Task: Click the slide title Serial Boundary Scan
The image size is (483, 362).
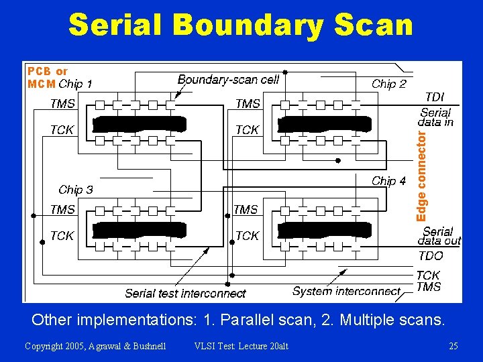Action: (x=241, y=25)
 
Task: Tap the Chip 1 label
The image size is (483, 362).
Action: (x=76, y=84)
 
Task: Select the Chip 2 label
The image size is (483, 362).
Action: (x=389, y=84)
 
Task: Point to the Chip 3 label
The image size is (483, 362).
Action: (x=76, y=190)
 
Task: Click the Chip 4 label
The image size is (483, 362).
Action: (x=389, y=181)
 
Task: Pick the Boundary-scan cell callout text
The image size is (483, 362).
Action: (x=228, y=80)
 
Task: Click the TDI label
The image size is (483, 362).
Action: (x=435, y=97)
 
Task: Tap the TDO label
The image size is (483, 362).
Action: (x=431, y=255)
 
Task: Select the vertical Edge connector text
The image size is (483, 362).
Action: (x=421, y=176)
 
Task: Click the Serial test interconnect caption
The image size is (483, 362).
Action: (x=185, y=294)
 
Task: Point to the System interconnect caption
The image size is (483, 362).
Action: (x=346, y=291)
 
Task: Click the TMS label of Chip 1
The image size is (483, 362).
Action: (x=62, y=104)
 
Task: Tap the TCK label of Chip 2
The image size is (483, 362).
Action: (x=247, y=130)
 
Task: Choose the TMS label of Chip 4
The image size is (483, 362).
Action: (x=246, y=210)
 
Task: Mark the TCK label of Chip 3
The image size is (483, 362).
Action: (x=62, y=236)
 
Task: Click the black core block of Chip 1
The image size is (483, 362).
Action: (x=140, y=124)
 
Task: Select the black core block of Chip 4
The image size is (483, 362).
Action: (x=324, y=231)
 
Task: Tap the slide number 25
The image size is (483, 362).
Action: (x=453, y=346)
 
